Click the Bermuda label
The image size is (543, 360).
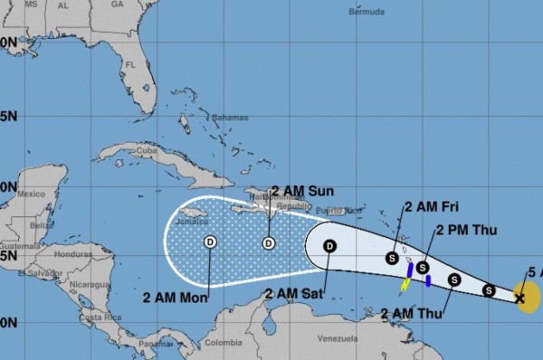(367, 13)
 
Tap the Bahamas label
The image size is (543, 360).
(230, 118)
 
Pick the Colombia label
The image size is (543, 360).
(223, 343)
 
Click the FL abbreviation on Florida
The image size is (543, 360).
(129, 65)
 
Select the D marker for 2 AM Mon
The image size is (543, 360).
(210, 242)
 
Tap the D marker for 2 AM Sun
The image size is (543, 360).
(269, 242)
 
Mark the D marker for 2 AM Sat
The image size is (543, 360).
(329, 245)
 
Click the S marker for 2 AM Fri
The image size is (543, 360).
(392, 258)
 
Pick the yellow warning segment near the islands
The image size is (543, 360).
(405, 285)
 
